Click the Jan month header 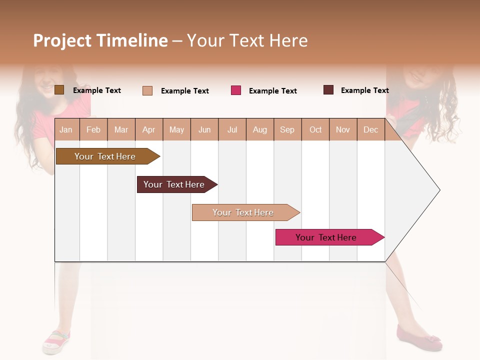point(66,129)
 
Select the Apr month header point(149,129)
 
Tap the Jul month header point(232,129)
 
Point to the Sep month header point(287,129)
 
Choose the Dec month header point(370,129)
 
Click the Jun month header point(204,129)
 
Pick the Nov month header point(343,129)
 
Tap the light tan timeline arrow point(244,212)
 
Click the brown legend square point(59,90)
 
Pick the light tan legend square point(147,90)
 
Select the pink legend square point(236,90)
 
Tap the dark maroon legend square point(328,90)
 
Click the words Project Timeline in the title point(100,40)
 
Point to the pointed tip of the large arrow point(439,190)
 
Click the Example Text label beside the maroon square point(364,90)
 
